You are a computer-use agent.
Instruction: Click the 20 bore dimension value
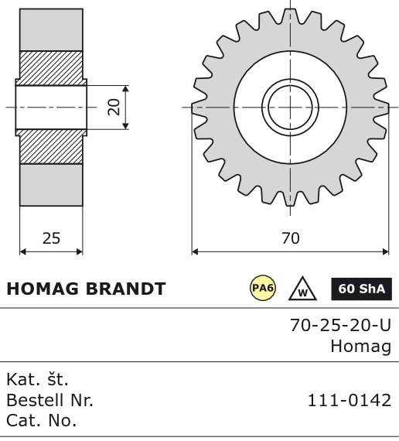point(114,108)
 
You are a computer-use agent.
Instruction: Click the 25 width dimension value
point(51,238)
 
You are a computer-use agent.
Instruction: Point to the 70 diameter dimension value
point(291,238)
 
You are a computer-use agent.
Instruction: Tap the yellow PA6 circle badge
point(263,288)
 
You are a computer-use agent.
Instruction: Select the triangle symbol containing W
point(302,289)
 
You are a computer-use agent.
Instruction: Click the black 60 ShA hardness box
point(361,289)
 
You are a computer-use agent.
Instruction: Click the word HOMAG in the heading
point(43,289)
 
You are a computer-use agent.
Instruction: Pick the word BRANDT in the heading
point(125,289)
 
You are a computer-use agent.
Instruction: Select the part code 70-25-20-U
point(340,326)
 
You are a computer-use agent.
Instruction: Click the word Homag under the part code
point(361,347)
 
